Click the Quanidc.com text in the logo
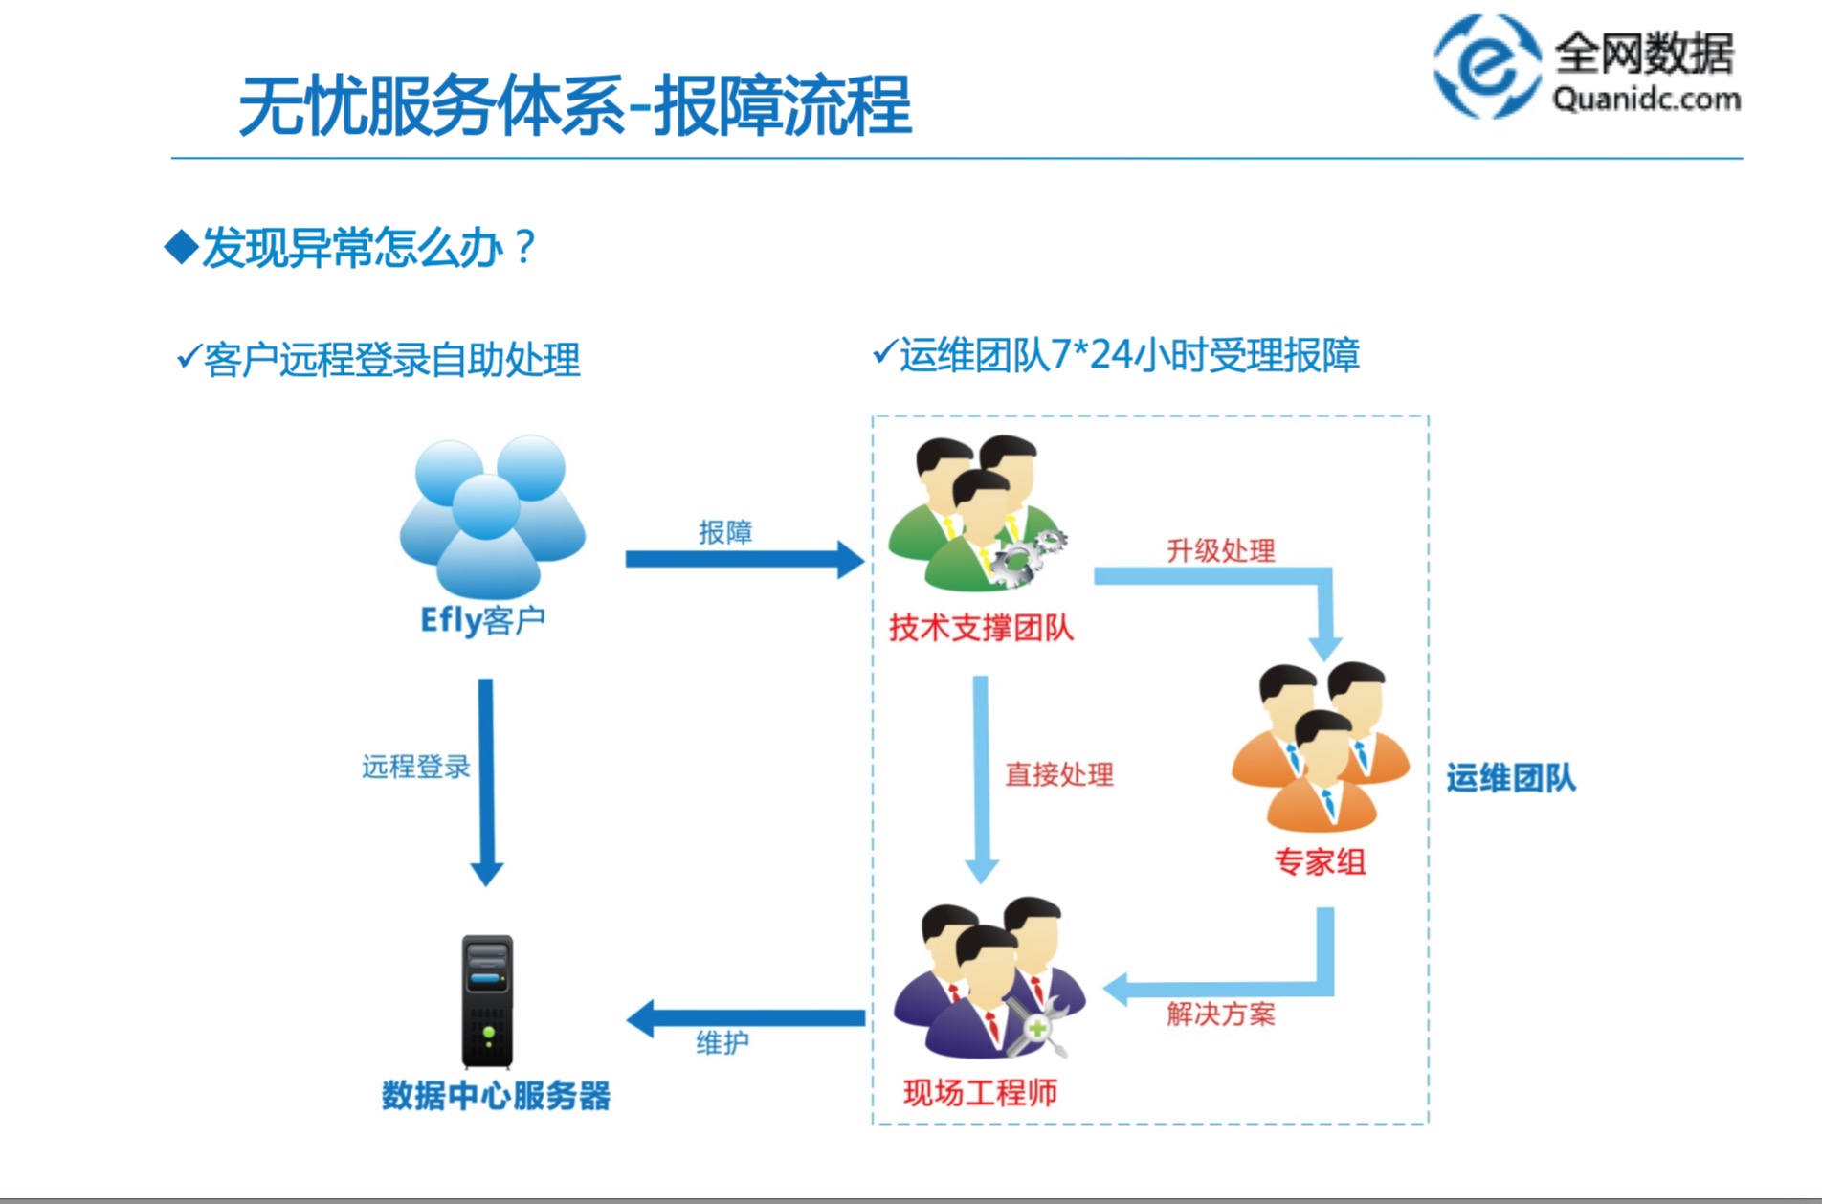[x=1646, y=99]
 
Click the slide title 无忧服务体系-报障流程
[x=574, y=105]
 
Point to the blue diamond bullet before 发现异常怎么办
[x=181, y=247]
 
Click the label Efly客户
[x=483, y=620]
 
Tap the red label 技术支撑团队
[x=981, y=628]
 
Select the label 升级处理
[x=1220, y=550]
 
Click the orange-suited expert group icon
[x=1321, y=747]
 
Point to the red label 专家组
[x=1320, y=861]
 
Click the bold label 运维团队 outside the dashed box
[x=1511, y=777]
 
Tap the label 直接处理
[x=1059, y=774]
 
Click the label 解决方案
[x=1220, y=1014]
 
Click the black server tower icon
[x=487, y=1001]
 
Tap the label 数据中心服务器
[x=496, y=1095]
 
